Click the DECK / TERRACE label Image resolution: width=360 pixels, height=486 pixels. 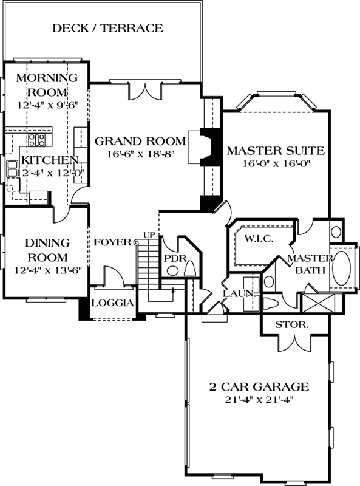click(107, 28)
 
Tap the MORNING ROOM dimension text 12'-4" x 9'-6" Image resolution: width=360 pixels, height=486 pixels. click(47, 104)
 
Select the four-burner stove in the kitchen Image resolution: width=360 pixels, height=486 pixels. click(36, 140)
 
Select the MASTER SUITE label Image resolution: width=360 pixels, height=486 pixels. click(276, 151)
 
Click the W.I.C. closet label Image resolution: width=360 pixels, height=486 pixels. click(259, 239)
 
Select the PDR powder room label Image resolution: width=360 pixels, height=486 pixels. click(174, 258)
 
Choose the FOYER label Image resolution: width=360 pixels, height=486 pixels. click(112, 242)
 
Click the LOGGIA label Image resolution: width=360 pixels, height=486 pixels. click(112, 303)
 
